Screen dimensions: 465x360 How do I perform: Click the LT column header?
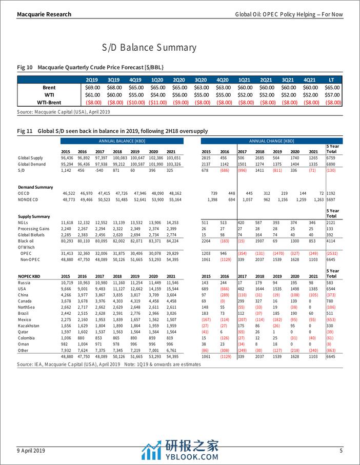pos(332,80)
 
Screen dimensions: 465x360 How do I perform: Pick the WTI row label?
pos(49,95)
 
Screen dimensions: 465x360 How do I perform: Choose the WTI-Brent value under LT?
pos(332,103)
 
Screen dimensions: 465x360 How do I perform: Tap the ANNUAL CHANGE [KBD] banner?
pos(271,141)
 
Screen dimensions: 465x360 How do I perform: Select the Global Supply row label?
pos(31,158)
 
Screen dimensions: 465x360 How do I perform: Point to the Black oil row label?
pos(27,240)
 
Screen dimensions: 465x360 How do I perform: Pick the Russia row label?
pos(25,282)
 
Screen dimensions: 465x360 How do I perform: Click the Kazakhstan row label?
pos(30,326)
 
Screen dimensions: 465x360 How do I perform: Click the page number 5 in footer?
pos(341,450)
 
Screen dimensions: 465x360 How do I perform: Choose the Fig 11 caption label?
pos(25,131)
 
